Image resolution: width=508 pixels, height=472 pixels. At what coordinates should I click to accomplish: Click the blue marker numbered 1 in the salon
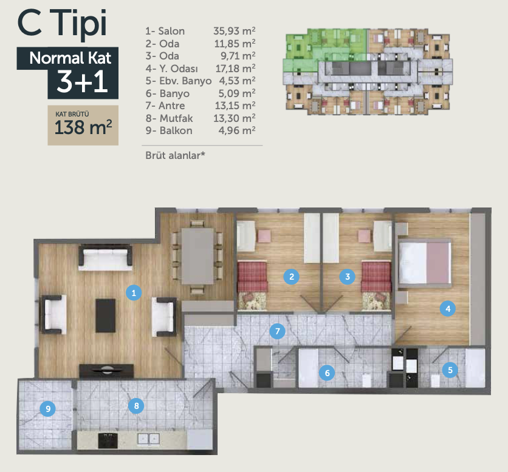pyautogui.click(x=134, y=293)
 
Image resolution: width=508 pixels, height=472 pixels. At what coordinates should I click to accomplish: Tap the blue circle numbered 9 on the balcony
pyautogui.click(x=47, y=408)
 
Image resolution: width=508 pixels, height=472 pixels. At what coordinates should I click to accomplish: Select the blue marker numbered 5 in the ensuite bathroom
pyautogui.click(x=450, y=369)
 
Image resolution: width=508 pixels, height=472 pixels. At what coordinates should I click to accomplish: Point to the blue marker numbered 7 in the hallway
pyautogui.click(x=277, y=331)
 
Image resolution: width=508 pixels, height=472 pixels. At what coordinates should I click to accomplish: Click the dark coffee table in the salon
pyautogui.click(x=105, y=315)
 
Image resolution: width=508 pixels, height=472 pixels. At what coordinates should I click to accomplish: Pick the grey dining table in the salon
pyautogui.click(x=197, y=256)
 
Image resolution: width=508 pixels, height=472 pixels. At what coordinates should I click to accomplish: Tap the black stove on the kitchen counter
pyautogui.click(x=108, y=440)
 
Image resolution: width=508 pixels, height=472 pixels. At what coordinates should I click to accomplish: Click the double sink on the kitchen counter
pyautogui.click(x=149, y=439)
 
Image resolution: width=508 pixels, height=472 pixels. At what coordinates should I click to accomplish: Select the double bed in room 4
pyautogui.click(x=425, y=263)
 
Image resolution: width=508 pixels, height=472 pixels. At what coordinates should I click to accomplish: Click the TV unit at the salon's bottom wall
pyautogui.click(x=106, y=371)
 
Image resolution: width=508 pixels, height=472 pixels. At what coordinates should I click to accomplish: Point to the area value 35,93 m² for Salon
pyautogui.click(x=234, y=31)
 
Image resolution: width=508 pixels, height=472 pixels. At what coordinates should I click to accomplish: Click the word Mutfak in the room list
pyautogui.click(x=176, y=118)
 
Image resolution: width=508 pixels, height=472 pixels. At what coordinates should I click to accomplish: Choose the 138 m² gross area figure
pyautogui.click(x=83, y=127)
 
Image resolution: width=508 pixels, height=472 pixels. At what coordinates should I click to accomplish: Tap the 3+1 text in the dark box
pyautogui.click(x=82, y=81)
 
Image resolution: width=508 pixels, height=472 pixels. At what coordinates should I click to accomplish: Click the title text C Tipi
pyautogui.click(x=62, y=23)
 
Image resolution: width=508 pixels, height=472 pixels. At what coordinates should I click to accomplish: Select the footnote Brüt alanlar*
pyautogui.click(x=175, y=155)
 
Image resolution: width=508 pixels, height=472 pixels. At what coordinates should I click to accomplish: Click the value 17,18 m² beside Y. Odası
pyautogui.click(x=236, y=69)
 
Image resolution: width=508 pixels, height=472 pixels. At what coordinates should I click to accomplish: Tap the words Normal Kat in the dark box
pyautogui.click(x=70, y=58)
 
